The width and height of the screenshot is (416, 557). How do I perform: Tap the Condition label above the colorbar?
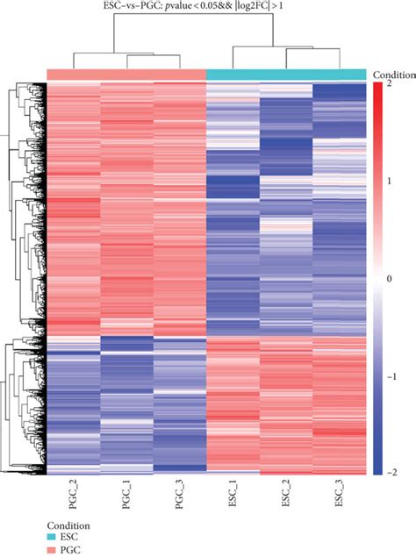pyautogui.click(x=391, y=73)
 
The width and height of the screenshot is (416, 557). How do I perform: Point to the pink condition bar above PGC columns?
pyautogui.click(x=126, y=74)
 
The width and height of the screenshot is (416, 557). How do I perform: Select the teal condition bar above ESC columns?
pyautogui.click(x=286, y=74)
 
